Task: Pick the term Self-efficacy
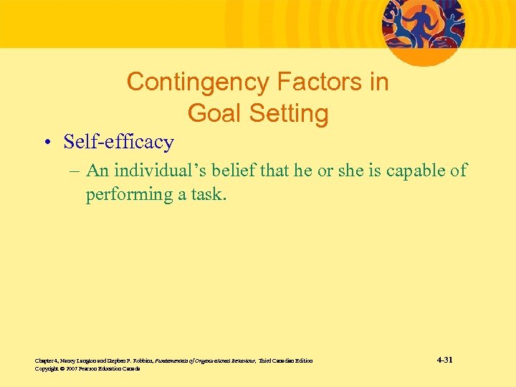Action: (118, 142)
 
